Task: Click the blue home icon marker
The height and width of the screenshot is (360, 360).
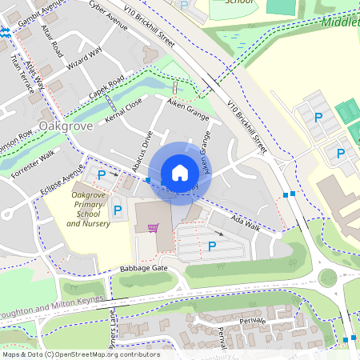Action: click(180, 173)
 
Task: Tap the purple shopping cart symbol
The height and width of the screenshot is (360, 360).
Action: click(153, 228)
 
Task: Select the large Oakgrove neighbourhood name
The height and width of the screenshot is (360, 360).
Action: click(66, 126)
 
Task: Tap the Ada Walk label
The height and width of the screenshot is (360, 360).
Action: click(245, 223)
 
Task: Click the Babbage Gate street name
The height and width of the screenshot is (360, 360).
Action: click(143, 268)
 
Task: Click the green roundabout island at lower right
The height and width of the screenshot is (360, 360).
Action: click(328, 278)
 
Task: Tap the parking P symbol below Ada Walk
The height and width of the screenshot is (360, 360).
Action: click(212, 246)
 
